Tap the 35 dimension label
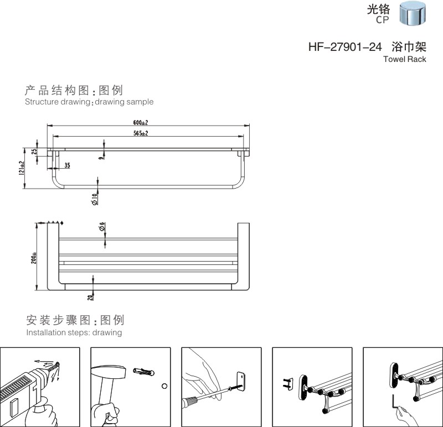(67, 165)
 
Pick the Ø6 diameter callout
(102, 227)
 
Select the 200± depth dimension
(34, 258)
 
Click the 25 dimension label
(34, 152)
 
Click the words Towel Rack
(404, 59)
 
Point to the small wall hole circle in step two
(164, 386)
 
